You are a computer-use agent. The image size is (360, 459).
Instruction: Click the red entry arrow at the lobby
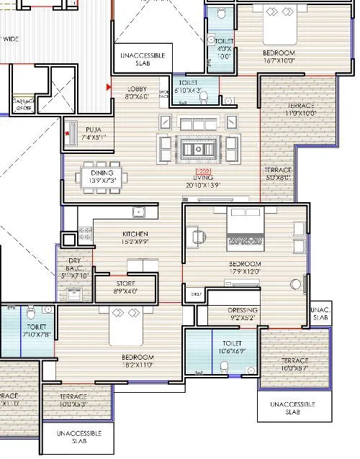108,87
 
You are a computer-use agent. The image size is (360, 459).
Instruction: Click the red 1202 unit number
203,171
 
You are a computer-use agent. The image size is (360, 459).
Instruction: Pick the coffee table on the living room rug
196,149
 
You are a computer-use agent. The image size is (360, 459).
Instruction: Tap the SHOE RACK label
163,94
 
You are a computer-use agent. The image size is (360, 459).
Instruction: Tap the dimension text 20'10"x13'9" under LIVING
203,185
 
